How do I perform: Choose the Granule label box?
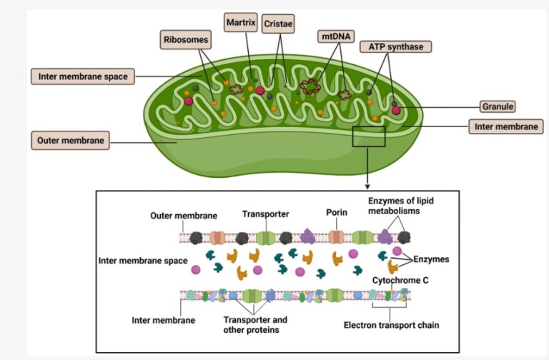coord(497,106)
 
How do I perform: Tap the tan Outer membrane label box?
coord(71,140)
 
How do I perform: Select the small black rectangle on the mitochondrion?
coord(369,136)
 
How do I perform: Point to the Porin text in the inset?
coord(336,212)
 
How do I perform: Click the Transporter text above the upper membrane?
coord(264,213)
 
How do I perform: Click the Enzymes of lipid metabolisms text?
coord(402,206)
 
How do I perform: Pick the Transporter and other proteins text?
coord(257,324)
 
